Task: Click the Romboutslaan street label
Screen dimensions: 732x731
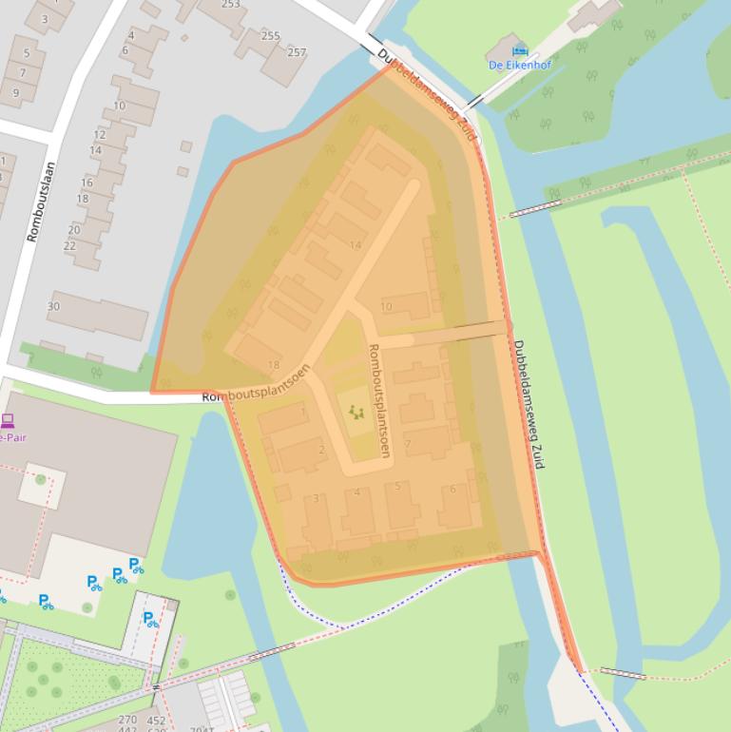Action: pyautogui.click(x=42, y=202)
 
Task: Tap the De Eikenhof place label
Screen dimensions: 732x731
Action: pyautogui.click(x=519, y=66)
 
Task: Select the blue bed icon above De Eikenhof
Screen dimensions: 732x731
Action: pyautogui.click(x=519, y=49)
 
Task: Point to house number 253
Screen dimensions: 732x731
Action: pyautogui.click(x=231, y=5)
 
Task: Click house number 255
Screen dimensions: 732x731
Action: pyautogui.click(x=270, y=36)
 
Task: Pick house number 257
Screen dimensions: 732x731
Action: pyautogui.click(x=297, y=52)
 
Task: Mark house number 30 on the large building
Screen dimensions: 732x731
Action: pyautogui.click(x=53, y=306)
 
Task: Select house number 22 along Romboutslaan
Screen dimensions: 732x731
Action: pyautogui.click(x=69, y=246)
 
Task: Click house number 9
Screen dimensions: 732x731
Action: pyautogui.click(x=15, y=92)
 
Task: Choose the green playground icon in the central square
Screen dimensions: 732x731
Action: pyautogui.click(x=356, y=412)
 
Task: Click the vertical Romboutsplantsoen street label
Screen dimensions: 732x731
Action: pyautogui.click(x=378, y=400)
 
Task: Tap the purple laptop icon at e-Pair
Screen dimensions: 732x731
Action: pyautogui.click(x=8, y=420)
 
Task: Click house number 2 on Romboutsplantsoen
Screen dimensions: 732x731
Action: pyautogui.click(x=322, y=450)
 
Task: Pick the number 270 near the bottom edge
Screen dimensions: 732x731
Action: pyautogui.click(x=127, y=721)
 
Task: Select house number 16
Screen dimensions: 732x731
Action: pyautogui.click(x=87, y=183)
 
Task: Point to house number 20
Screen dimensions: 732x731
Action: pyautogui.click(x=74, y=230)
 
